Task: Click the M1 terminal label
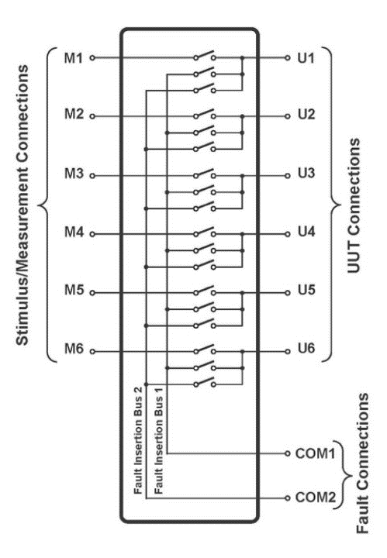[x=74, y=58]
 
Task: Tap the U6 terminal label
[x=306, y=348]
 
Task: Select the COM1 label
[x=315, y=453]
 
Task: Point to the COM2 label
[x=316, y=497]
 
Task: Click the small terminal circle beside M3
[x=92, y=176]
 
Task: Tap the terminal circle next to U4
[x=288, y=234]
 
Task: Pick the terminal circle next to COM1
[x=288, y=453]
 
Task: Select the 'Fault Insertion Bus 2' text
[x=138, y=440]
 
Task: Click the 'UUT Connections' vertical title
[x=354, y=205]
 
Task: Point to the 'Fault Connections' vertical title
[x=362, y=463]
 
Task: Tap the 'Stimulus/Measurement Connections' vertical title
[x=22, y=205]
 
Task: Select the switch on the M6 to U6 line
[x=205, y=349]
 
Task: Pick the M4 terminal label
[x=74, y=232]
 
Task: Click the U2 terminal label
[x=306, y=115]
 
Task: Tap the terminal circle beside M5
[x=92, y=293]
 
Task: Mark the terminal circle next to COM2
[x=288, y=498]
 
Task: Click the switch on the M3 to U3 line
[x=205, y=174]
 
